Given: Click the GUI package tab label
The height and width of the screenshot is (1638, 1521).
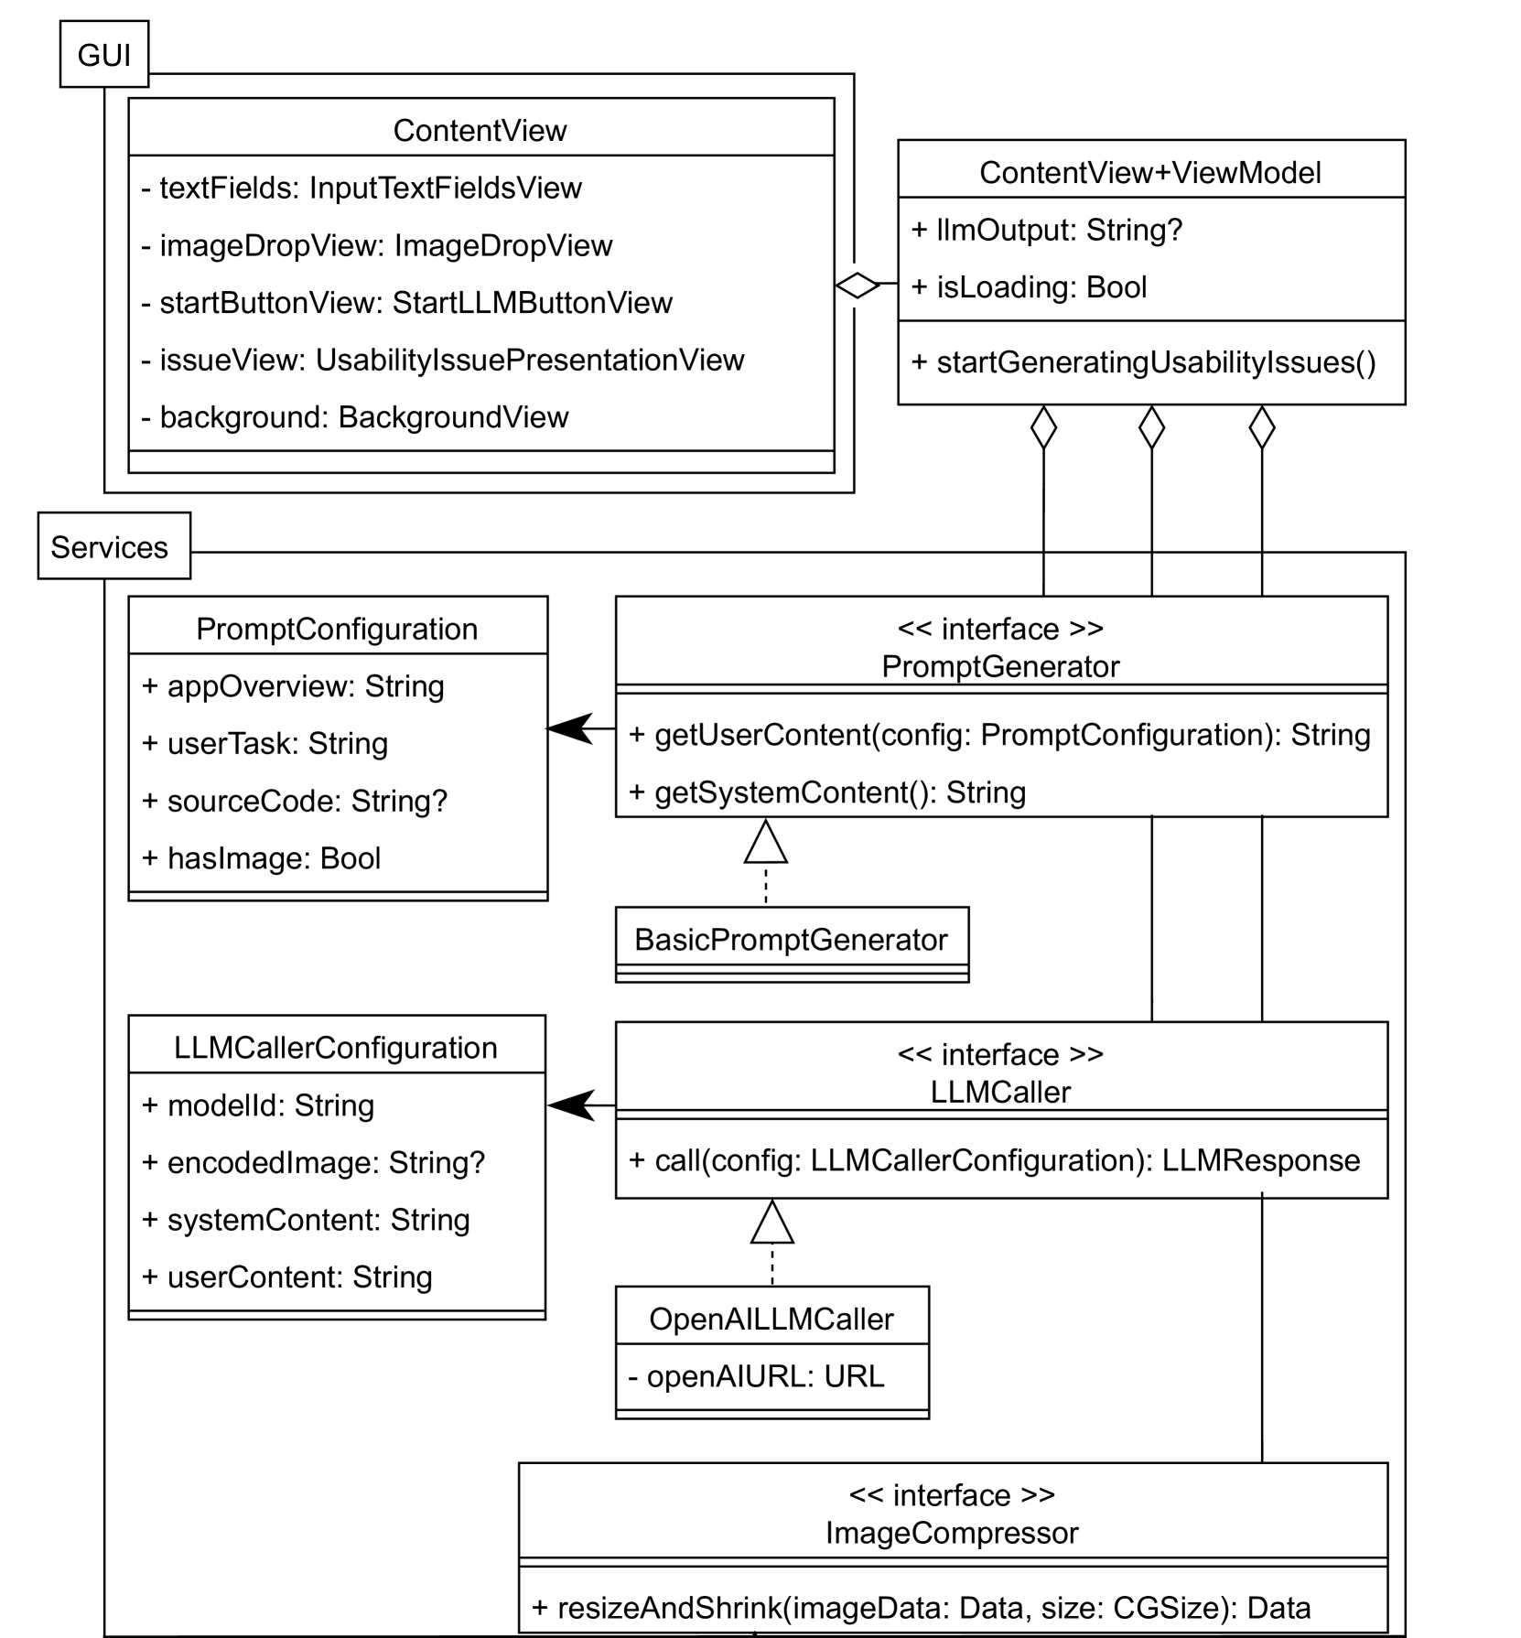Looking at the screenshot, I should pyautogui.click(x=103, y=56).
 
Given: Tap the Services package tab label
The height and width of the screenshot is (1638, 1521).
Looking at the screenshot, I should pyautogui.click(x=110, y=547).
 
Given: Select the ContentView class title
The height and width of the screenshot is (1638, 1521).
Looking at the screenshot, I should pyautogui.click(x=480, y=130).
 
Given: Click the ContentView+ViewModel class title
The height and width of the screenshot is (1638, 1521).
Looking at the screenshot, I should pyautogui.click(x=1149, y=172).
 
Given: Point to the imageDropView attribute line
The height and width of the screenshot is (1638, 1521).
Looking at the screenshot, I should pyautogui.click(x=377, y=245).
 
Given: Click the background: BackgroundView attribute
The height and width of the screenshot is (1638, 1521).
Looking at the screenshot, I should pyautogui.click(x=355, y=417).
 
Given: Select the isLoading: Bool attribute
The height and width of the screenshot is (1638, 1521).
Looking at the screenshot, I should pyautogui.click(x=1029, y=287).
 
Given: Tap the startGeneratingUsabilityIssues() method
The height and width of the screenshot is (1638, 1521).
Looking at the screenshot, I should pyautogui.click(x=1143, y=362).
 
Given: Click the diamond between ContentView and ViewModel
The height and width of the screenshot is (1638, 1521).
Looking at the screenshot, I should pyautogui.click(x=858, y=285).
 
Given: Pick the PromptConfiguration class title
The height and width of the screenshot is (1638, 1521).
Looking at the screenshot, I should pyautogui.click(x=337, y=629).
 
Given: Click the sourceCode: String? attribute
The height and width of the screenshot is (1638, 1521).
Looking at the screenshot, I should pyautogui.click(x=295, y=801).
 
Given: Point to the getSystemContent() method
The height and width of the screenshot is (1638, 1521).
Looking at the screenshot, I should pyautogui.click(x=827, y=792).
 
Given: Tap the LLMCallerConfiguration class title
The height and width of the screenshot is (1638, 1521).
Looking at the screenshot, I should pyautogui.click(x=335, y=1047).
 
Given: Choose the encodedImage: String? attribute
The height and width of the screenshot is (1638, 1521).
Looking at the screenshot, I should pyautogui.click(x=314, y=1162).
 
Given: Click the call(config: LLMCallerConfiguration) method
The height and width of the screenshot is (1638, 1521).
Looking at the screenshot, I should pyautogui.click(x=994, y=1160).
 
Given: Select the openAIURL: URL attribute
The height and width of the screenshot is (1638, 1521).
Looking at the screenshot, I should pyautogui.click(x=756, y=1376).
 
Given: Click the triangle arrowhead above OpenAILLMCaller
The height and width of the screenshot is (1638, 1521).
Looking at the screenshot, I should pyautogui.click(x=771, y=1223).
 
